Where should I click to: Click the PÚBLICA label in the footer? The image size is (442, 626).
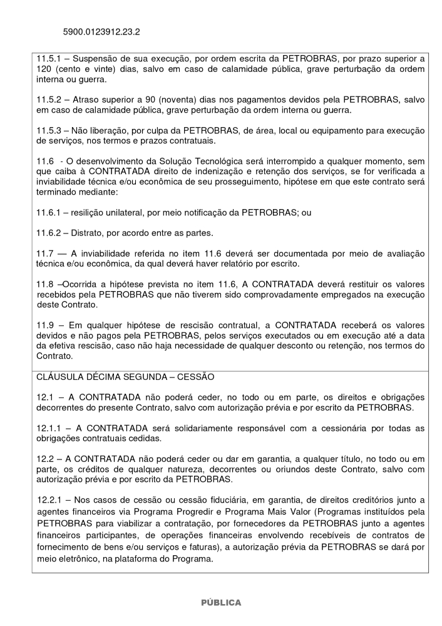[x=220, y=603]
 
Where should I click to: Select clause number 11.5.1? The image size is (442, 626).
[x=49, y=59]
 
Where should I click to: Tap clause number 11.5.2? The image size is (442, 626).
[x=49, y=100]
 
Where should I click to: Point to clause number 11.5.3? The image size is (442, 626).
[x=49, y=130]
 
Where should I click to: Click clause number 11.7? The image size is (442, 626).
[x=45, y=253]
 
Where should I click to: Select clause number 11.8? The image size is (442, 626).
[x=45, y=284]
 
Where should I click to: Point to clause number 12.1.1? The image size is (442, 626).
[x=49, y=428]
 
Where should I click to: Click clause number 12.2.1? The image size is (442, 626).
[x=49, y=500]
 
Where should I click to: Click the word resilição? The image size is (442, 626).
[x=91, y=213]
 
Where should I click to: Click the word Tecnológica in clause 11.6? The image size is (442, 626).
[x=203, y=162]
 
